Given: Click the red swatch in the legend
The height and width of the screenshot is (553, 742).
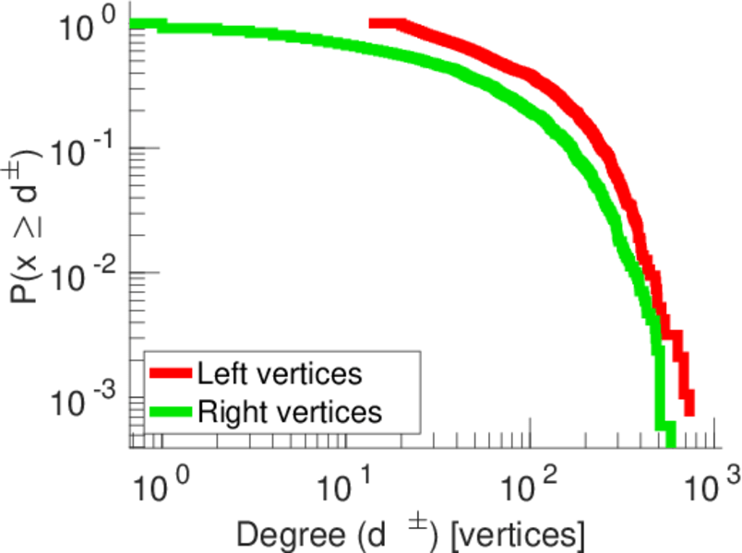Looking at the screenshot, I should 172,372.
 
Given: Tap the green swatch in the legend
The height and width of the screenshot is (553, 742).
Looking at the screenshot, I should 172,411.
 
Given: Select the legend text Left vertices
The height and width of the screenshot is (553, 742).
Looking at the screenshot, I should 279,373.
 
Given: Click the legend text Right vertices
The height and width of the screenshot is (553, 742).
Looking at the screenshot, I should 288,411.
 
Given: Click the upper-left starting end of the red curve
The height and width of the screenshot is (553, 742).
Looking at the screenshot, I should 373,23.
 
